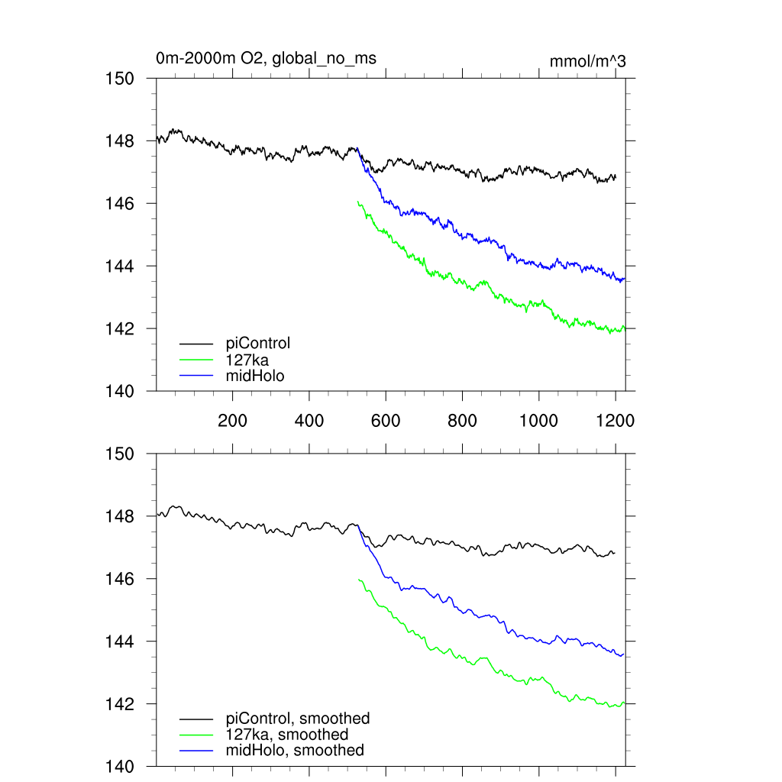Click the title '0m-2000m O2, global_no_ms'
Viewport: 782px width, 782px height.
coord(266,58)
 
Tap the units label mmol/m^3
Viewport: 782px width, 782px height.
coord(587,61)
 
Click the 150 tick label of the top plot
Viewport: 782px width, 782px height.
coord(120,79)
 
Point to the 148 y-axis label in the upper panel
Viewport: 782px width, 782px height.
coord(120,141)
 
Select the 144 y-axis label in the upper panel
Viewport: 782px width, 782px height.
coord(120,267)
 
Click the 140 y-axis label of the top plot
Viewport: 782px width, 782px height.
coord(120,392)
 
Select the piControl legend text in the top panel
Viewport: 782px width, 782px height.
coord(258,344)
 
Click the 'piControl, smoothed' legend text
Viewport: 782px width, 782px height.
coord(298,719)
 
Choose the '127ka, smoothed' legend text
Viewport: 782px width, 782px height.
coord(287,735)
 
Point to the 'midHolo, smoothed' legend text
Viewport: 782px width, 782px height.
coord(295,751)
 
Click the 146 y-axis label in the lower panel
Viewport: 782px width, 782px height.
coord(120,580)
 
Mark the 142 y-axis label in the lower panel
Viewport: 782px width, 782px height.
coord(120,704)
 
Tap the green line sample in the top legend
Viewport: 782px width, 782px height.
coord(196,360)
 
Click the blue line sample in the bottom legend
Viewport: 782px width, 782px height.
coord(196,751)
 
